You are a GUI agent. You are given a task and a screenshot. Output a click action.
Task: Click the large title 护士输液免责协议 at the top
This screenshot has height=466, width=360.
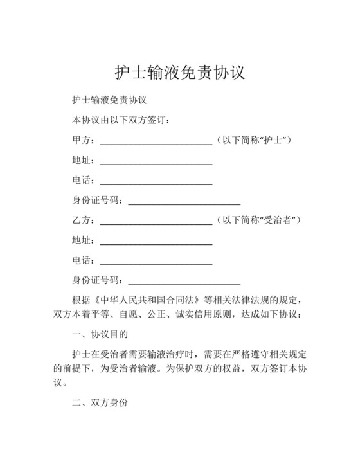pyautogui.click(x=180, y=71)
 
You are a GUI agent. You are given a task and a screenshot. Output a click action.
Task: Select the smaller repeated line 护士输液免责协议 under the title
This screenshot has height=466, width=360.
pyautogui.click(x=110, y=100)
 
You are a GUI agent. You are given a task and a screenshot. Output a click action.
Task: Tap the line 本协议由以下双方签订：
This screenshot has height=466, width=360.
pyautogui.click(x=122, y=120)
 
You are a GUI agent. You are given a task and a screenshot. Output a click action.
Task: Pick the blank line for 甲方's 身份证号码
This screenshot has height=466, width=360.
pyautogui.click(x=184, y=203)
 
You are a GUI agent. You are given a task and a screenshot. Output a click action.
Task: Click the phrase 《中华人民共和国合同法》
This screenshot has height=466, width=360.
pyautogui.click(x=147, y=300)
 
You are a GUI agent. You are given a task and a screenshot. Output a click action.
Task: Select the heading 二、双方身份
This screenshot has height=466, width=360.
pyautogui.click(x=100, y=404)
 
